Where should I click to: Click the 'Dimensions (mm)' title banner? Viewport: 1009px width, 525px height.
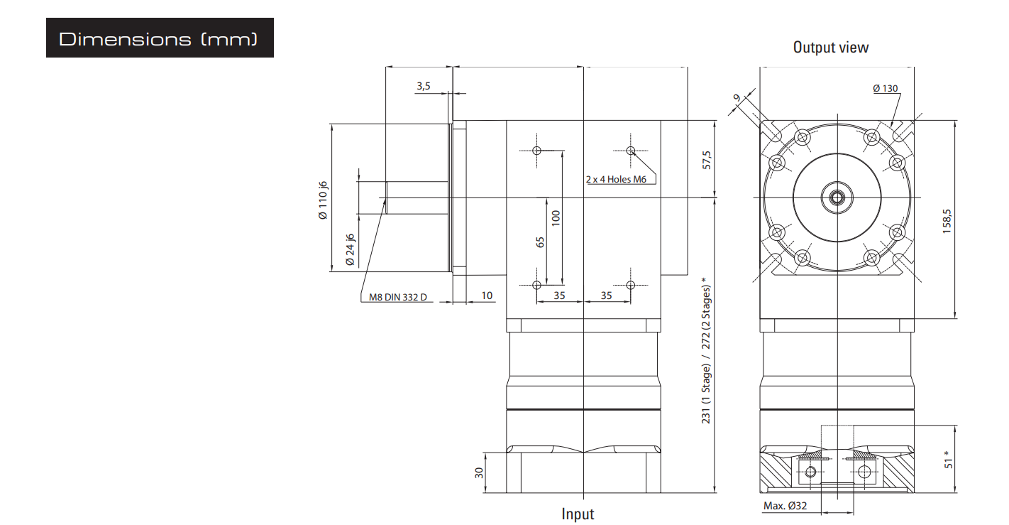160,38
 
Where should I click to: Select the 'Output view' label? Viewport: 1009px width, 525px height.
831,48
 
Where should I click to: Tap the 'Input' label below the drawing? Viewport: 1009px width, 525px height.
578,514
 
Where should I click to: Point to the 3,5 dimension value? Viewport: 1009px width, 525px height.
424,86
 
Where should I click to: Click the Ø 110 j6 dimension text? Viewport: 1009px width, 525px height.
323,200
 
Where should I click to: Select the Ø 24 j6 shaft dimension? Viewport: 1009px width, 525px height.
350,249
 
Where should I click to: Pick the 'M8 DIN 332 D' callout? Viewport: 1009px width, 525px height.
398,297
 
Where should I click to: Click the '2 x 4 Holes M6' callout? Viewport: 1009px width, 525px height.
616,179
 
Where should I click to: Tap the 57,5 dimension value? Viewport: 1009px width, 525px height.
706,160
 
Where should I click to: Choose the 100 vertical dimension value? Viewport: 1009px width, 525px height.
556,218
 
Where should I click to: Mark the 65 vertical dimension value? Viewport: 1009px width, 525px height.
541,242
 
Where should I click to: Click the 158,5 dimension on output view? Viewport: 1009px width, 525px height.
947,221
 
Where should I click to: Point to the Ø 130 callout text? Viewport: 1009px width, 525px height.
885,88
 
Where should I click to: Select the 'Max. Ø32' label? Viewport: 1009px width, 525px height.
785,506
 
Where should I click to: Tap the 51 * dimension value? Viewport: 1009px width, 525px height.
948,460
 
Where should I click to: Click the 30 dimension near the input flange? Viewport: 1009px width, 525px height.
479,472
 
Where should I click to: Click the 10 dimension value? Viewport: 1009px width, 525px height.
487,296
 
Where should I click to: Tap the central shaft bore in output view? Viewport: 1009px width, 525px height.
837,197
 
